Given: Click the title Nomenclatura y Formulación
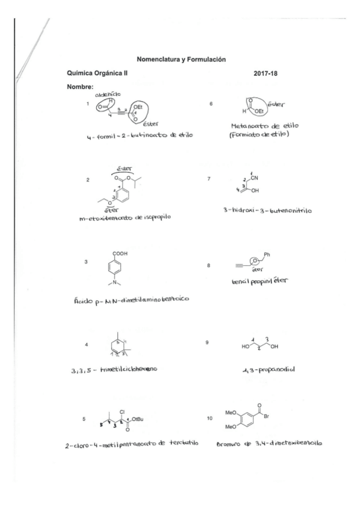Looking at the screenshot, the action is click(x=181, y=60).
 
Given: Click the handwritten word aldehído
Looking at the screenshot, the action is click(x=108, y=94).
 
